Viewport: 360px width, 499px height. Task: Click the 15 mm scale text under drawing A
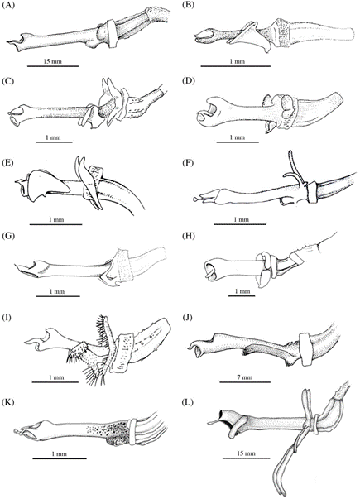[53, 61]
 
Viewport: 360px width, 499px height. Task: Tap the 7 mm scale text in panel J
[245, 377]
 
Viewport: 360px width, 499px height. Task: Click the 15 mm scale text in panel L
[246, 453]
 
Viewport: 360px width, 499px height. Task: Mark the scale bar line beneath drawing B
[236, 66]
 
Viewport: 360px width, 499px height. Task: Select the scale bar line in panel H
[242, 296]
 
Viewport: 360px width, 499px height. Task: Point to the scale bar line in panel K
[60, 458]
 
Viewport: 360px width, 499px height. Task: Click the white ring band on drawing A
[112, 34]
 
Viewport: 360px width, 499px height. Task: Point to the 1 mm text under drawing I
[55, 377]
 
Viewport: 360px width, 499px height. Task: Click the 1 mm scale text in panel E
[55, 219]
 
